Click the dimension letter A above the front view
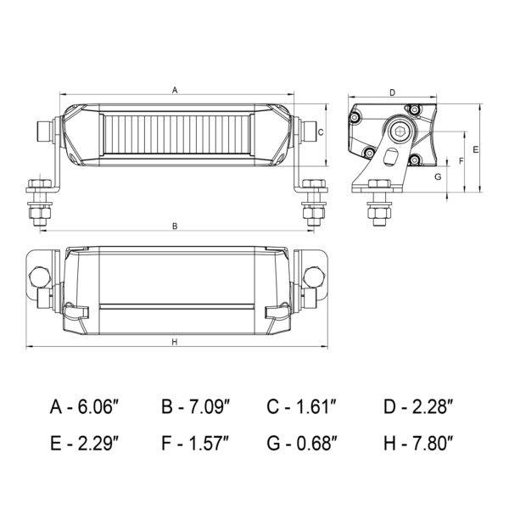175,90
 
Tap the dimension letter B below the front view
175,226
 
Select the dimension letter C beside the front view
321,132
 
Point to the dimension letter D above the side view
393,92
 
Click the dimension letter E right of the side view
476,149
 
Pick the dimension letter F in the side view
461,160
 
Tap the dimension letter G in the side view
438,177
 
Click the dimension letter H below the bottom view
175,342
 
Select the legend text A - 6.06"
84,406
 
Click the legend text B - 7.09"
196,406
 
